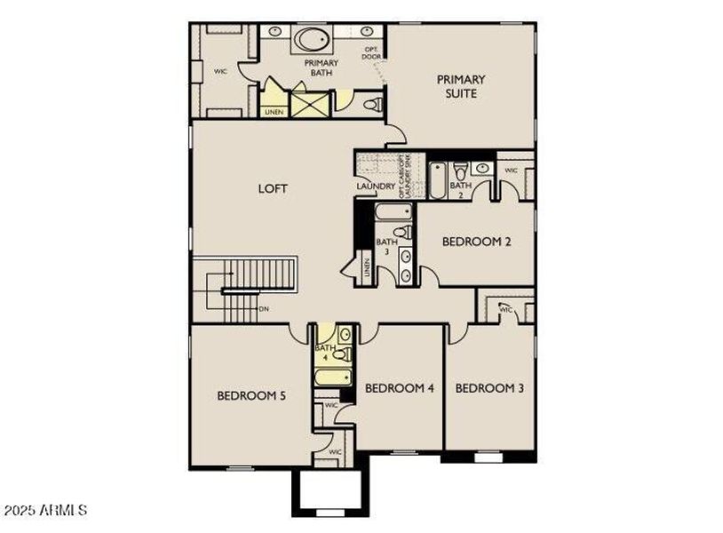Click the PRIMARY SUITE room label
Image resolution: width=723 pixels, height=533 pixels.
(461, 86)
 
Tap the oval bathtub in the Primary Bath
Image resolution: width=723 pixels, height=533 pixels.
(311, 39)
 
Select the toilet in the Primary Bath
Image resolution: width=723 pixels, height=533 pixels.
(373, 105)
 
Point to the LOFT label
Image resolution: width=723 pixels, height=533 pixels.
(274, 188)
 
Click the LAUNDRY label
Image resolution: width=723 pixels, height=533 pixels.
(375, 186)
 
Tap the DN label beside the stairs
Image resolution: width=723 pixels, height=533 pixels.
(264, 309)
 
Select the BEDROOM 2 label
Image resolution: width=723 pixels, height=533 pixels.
(476, 241)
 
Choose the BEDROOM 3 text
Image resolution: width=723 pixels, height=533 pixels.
(489, 388)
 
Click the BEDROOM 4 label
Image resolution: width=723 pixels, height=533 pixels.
(399, 388)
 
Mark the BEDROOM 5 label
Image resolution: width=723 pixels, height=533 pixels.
(251, 395)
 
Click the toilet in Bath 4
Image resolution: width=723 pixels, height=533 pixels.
(342, 354)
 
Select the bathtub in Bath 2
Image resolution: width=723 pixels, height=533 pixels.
(438, 180)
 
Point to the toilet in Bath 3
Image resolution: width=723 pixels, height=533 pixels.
(404, 233)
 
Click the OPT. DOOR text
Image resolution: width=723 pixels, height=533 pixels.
(371, 53)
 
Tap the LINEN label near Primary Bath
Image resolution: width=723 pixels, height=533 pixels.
(274, 112)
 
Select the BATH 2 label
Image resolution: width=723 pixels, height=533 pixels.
(460, 190)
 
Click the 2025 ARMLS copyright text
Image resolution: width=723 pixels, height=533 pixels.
(45, 511)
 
